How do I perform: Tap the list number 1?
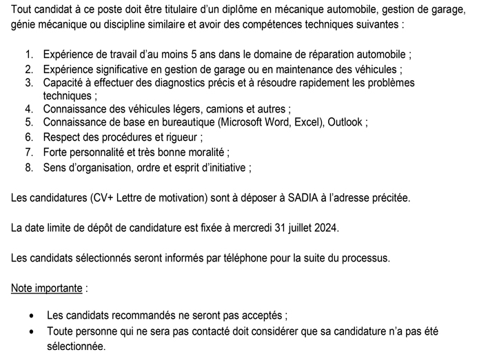28,54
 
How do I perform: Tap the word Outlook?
346,122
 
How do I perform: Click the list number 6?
28,137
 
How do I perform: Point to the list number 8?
28,167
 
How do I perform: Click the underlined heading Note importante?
47,288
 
